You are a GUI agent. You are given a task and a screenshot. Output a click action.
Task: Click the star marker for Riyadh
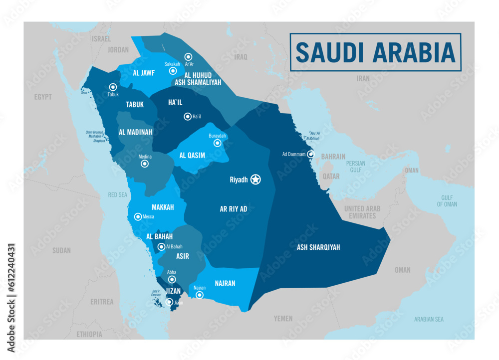coord(255,180)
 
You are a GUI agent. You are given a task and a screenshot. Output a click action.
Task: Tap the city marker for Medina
coord(145,164)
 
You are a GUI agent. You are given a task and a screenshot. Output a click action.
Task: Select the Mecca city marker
coord(138,217)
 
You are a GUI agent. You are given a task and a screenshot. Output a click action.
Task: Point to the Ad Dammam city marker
coord(310,154)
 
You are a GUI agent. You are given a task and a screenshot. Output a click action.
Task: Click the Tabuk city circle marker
coord(113,87)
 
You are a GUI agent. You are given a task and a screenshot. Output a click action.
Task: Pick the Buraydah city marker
coord(217,143)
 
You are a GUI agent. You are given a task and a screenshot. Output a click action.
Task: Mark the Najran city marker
coord(200,295)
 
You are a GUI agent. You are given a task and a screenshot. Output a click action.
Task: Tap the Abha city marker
coord(172,280)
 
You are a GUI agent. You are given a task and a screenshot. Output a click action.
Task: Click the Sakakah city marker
coord(173,71)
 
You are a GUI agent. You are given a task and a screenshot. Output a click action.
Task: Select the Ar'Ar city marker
coord(188,57)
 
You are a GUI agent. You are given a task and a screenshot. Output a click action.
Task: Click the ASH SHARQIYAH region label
coord(318,247)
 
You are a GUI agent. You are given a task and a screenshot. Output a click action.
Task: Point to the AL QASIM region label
coord(192,156)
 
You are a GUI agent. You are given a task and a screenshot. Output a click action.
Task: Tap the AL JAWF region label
coord(144,73)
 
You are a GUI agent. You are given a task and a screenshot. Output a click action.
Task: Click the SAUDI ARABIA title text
coord(375,52)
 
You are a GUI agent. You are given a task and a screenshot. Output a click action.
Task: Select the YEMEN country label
coord(283,318)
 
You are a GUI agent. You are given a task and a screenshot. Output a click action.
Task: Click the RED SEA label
coord(118,195)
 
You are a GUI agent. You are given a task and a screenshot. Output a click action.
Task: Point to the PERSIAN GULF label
coord(356,167)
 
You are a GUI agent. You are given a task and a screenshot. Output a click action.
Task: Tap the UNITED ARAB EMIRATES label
coord(360,212)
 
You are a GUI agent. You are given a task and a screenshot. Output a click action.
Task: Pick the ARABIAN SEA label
coord(429,319)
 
